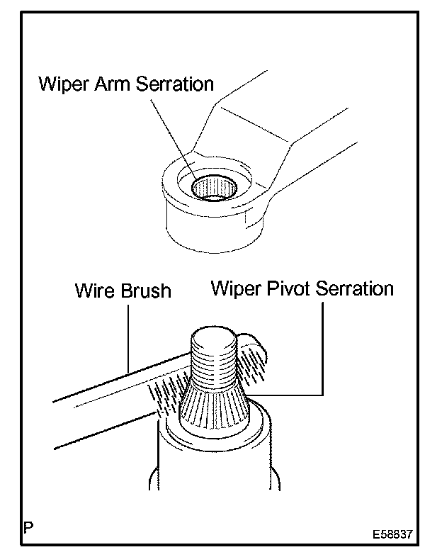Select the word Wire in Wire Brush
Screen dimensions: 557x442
click(93, 291)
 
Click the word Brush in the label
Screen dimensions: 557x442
click(144, 291)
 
